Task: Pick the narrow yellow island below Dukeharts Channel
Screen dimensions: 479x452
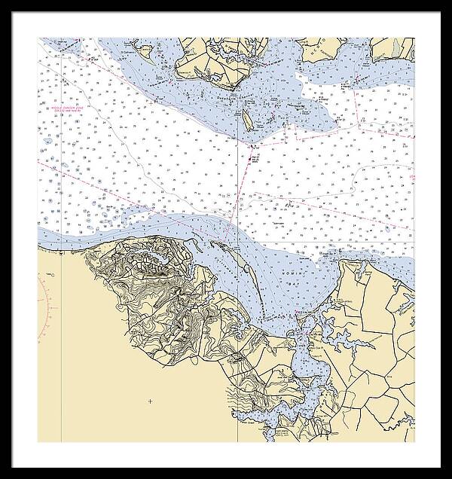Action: tap(246, 119)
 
